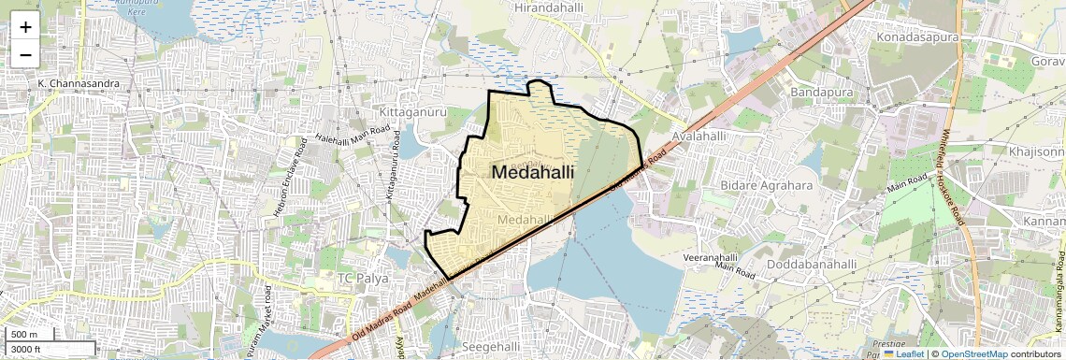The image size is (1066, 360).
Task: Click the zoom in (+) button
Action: pyautogui.click(x=25, y=27)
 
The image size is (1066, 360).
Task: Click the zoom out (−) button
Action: pyautogui.click(x=25, y=55)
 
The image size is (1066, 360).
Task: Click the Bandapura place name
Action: pyautogui.click(x=825, y=94)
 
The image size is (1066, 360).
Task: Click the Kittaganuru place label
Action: pyautogui.click(x=411, y=112)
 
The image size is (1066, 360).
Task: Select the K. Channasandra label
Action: pyautogui.click(x=79, y=84)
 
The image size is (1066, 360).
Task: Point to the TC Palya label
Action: pyautogui.click(x=363, y=279)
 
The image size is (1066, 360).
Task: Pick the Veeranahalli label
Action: pyautogui.click(x=718, y=255)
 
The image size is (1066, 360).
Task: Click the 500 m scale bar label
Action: pyautogui.click(x=25, y=335)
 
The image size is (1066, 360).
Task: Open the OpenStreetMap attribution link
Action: pyautogui.click(x=973, y=354)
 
